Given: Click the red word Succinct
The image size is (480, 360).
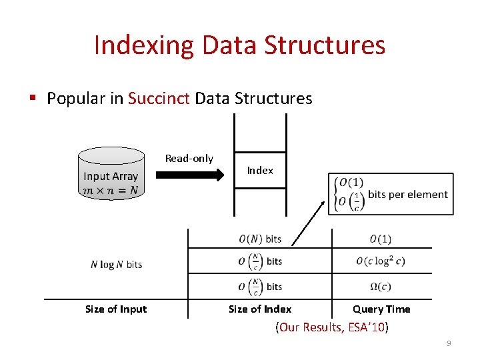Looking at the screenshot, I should click(x=159, y=99).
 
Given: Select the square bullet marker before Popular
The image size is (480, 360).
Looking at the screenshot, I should click(x=33, y=99).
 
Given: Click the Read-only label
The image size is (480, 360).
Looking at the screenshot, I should click(x=189, y=159).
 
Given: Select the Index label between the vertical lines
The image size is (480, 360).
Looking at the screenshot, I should click(x=260, y=171).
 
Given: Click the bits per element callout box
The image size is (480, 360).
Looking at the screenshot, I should click(x=391, y=194).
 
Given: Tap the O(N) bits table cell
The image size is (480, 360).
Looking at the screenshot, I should click(x=260, y=239).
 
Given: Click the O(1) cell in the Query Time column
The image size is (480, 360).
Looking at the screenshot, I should click(x=380, y=239).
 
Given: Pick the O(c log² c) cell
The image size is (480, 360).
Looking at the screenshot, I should click(x=380, y=261).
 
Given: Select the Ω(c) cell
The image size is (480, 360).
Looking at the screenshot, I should click(x=380, y=287).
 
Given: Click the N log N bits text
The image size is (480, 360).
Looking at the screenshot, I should click(x=116, y=265).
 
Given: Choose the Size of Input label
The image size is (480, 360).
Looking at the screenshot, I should click(x=116, y=309).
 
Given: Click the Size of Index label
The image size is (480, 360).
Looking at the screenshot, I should click(x=260, y=309).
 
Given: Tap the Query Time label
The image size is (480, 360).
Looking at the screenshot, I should click(x=381, y=309).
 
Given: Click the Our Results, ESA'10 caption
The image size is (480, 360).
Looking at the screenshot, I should click(x=331, y=327).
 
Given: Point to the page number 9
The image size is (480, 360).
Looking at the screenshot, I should click(x=449, y=343).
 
